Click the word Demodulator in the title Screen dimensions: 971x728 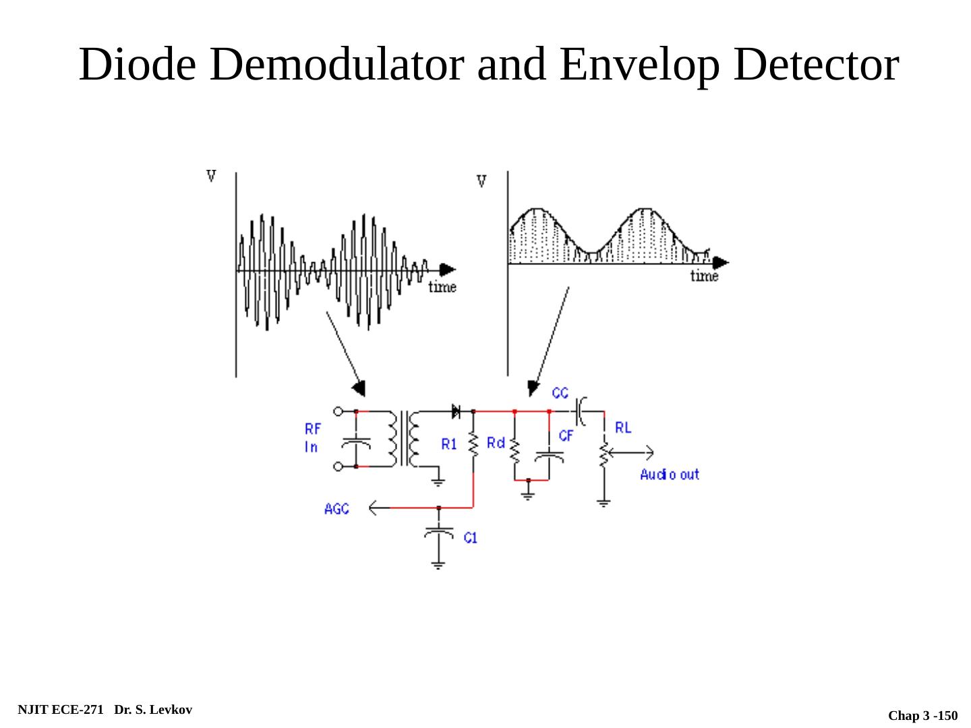[336, 65]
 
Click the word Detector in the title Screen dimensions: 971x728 [816, 65]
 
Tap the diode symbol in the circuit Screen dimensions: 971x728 [456, 411]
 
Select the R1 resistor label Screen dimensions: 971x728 [449, 444]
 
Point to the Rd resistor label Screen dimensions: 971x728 [496, 443]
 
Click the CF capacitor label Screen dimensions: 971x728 [566, 436]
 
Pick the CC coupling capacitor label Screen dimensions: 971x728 [560, 393]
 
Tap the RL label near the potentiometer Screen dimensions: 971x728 [623, 427]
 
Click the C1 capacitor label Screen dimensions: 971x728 [470, 538]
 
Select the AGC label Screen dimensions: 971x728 [336, 509]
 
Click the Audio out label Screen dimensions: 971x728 [670, 475]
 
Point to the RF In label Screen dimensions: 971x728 [312, 437]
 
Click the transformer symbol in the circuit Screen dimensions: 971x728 [403, 438]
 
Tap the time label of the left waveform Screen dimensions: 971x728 [442, 287]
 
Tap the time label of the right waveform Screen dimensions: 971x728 [704, 276]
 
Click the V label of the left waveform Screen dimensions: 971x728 [211, 176]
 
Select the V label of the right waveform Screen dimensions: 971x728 [481, 181]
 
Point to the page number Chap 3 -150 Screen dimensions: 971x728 [922, 715]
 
